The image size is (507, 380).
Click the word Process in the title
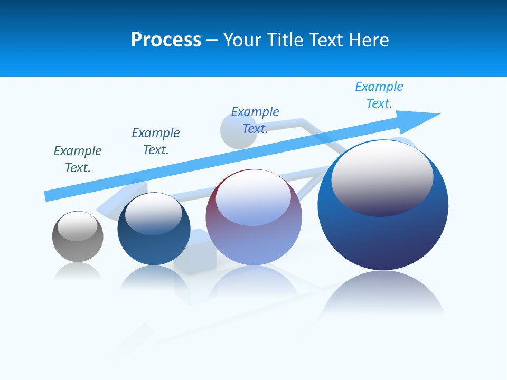[x=166, y=40]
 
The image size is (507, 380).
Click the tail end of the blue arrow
[x=49, y=196]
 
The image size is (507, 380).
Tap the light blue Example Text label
[x=379, y=95]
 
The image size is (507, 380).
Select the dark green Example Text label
[x=78, y=159]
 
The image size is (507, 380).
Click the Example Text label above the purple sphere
[x=255, y=120]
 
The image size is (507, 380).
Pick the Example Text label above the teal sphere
[x=156, y=141]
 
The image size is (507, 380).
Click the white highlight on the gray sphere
[x=78, y=225]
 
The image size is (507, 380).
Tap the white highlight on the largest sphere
[x=382, y=177]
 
